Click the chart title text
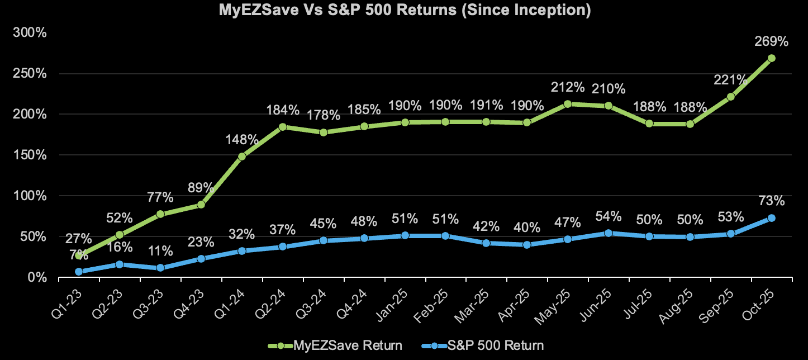[x=404, y=11]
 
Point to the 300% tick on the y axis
[x=31, y=32]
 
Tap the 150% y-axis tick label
[x=31, y=155]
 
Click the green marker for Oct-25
[x=771, y=58]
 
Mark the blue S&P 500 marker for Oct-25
[x=771, y=218]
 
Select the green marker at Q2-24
[x=282, y=127]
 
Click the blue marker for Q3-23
[x=160, y=268]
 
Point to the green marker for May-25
[x=568, y=104]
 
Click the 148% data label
[x=241, y=140]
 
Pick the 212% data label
[x=568, y=87]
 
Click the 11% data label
[x=160, y=251]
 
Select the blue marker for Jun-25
[x=609, y=233]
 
